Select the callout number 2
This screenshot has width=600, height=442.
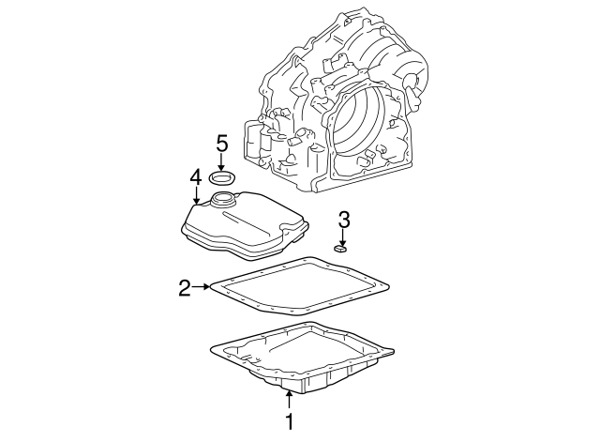(185, 287)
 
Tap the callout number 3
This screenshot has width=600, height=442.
(344, 220)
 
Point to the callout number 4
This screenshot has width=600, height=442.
(195, 176)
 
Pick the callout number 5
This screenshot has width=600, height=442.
(222, 143)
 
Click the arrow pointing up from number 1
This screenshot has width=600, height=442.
(290, 400)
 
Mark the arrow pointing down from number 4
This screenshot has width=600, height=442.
(195, 195)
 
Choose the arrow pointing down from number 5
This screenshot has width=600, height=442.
(222, 162)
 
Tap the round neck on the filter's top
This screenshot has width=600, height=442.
(225, 199)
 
